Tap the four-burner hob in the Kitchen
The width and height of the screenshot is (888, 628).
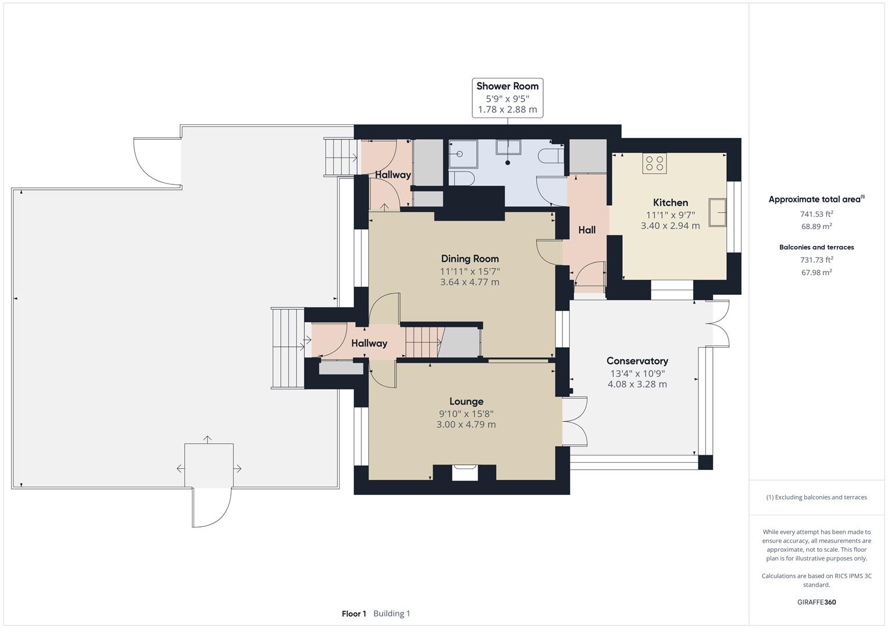[654, 163]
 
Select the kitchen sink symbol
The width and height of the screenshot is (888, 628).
[718, 210]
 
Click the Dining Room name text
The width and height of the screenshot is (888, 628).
[470, 259]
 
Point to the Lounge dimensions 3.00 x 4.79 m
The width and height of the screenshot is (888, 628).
[466, 424]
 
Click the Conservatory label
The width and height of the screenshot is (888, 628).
[637, 361]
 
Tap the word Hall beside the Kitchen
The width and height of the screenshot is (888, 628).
[587, 230]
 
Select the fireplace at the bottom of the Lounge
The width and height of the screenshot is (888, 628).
[464, 472]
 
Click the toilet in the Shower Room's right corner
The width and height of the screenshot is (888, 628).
[550, 156]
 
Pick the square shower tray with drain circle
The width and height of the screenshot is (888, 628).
[462, 154]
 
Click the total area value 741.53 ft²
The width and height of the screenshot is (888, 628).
[816, 214]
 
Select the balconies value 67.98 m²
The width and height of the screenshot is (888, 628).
[816, 272]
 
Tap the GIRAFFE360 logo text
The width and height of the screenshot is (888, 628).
[816, 602]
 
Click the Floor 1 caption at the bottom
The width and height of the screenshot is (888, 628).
[354, 613]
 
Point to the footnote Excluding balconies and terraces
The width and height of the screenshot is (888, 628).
[816, 497]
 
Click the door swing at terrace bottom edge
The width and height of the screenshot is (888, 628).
[211, 508]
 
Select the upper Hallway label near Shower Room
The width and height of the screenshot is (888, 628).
[393, 174]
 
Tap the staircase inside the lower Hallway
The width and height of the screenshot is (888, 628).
[423, 342]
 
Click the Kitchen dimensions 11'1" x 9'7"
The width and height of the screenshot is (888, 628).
[671, 215]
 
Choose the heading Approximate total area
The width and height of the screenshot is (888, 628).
[815, 199]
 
